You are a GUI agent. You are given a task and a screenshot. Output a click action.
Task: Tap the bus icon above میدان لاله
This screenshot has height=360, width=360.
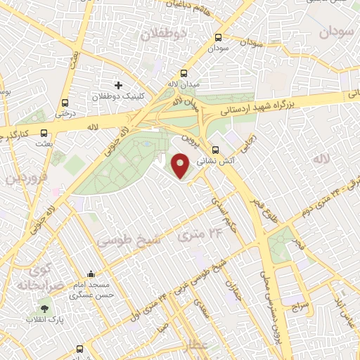184,72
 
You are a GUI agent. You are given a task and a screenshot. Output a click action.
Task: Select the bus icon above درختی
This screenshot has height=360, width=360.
65,101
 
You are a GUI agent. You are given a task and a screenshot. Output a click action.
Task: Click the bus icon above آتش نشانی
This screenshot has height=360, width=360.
217,149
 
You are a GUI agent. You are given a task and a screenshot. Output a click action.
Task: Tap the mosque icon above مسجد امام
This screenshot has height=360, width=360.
90,274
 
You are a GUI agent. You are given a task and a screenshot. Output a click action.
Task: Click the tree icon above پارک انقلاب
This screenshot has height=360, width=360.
45,308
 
